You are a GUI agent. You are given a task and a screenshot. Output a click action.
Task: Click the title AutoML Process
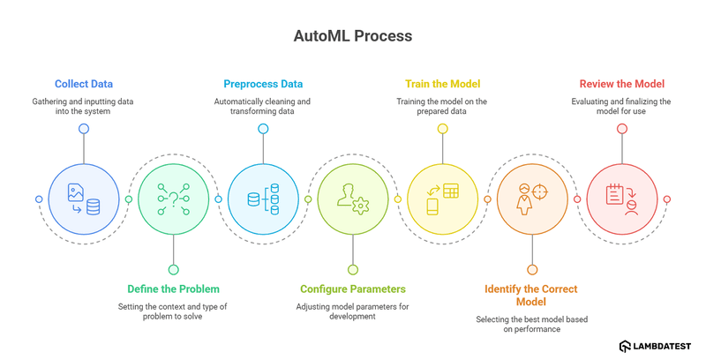coord(352,38)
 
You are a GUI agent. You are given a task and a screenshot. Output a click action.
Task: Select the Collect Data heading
coord(84,84)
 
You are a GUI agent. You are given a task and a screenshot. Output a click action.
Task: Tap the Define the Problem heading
coord(173,289)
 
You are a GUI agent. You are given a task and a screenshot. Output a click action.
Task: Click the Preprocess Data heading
coord(263,84)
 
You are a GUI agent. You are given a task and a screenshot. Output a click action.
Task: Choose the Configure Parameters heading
coord(353,289)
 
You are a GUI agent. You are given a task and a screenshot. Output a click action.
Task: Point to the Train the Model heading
coord(442,84)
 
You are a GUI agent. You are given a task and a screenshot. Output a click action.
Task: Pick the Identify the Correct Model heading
coord(532,295)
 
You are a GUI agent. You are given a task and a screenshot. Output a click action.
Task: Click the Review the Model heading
coord(621,84)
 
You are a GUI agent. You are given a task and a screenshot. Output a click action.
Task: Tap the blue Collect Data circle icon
coord(84,199)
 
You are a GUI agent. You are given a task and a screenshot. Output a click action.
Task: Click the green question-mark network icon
coord(173,199)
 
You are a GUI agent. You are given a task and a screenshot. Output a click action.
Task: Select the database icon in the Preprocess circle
coord(263,199)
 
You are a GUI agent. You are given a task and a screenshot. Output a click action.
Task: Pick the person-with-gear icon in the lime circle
coord(353,199)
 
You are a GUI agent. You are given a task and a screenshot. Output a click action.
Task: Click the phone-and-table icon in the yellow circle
coord(442,199)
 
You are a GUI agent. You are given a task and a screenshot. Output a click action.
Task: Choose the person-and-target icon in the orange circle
coord(532,199)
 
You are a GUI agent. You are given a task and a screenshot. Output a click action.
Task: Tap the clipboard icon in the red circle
coord(621,199)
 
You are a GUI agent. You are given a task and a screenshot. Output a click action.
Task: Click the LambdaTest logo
coord(656,346)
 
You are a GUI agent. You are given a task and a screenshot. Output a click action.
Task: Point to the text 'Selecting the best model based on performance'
coord(532,324)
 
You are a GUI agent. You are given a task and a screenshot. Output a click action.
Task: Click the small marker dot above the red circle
coord(621,129)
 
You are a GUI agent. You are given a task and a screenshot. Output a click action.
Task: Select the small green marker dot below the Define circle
coord(173,270)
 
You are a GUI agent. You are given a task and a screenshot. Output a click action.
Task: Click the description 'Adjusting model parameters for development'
coord(353,311)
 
